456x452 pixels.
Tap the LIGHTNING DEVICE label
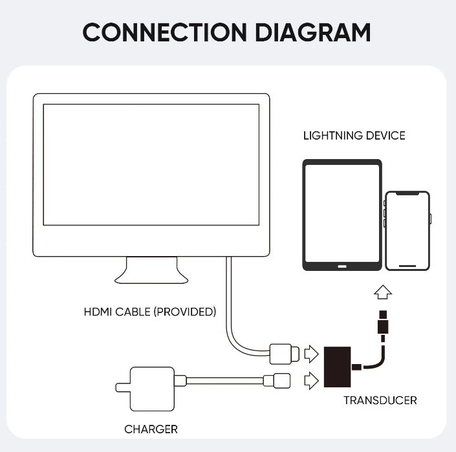pos(354,136)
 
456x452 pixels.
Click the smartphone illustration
pos(407,230)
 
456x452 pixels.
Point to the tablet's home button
pos(342,264)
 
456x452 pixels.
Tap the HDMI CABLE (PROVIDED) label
pos(149,312)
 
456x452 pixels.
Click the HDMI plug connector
pos(285,354)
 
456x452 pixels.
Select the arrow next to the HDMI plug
pos(311,354)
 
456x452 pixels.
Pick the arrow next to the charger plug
pos(311,380)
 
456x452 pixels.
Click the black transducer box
pos(336,368)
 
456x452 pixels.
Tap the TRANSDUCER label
pos(380,400)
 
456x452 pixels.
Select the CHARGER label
pos(151,429)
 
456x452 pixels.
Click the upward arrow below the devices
pos(383,293)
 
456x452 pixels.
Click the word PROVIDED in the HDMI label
pos(184,312)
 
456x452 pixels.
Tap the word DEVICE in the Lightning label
pos(385,136)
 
